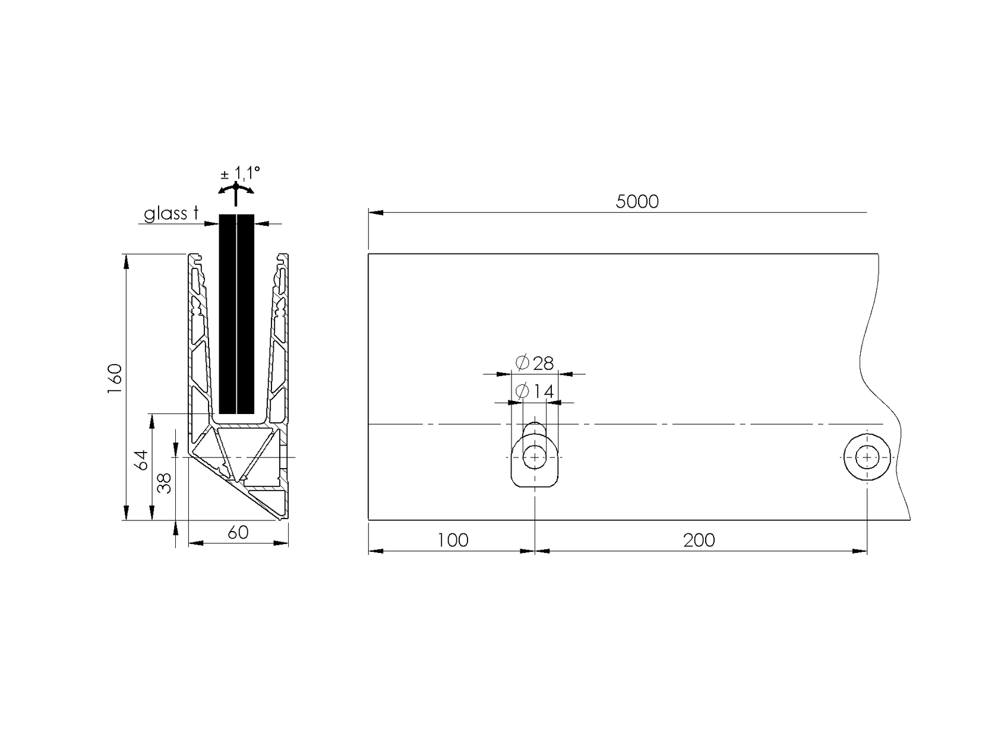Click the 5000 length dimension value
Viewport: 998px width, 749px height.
pos(637,202)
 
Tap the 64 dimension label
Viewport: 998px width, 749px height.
pos(141,460)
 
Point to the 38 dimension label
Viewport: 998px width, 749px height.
pos(165,483)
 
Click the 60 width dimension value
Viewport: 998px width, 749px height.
pos(238,533)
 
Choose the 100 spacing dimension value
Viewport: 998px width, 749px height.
pos(453,541)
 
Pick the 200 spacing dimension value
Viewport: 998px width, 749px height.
pos(699,541)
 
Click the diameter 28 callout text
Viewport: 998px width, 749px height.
pos(535,363)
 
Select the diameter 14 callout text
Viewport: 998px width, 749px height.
pos(535,392)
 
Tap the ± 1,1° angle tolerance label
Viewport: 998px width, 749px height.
pos(241,173)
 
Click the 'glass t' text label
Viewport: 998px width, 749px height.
pos(171,214)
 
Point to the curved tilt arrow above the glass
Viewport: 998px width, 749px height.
pos(236,189)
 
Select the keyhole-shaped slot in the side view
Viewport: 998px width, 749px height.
pos(535,460)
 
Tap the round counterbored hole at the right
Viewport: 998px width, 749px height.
pos(867,457)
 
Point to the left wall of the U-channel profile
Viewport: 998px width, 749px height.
pos(198,356)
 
